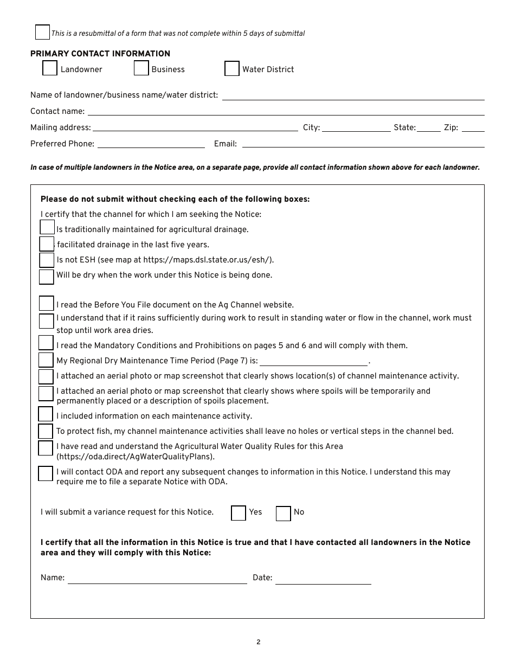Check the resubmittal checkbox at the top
42,33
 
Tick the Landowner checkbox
50,68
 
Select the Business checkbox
141,68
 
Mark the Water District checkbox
232,69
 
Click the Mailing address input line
195,127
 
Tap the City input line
356,127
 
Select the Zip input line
473,127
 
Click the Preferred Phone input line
151,144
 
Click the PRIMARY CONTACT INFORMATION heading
100,54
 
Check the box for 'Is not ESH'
47,260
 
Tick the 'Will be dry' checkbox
47,277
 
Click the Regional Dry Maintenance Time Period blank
313,362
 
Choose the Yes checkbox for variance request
239,513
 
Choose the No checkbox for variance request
284,514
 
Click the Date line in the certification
323,579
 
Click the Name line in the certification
157,579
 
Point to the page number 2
259,642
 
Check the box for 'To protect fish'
46,432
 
